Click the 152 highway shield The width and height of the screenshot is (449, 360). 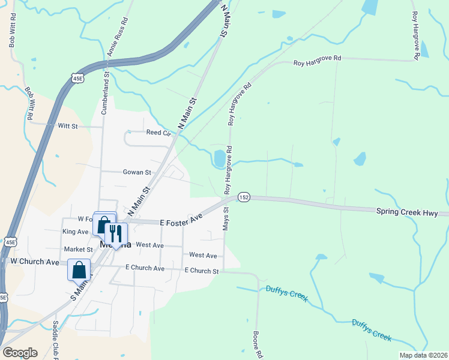coord(244,197)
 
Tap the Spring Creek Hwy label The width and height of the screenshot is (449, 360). coord(412,212)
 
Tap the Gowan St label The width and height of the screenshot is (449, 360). coord(137,172)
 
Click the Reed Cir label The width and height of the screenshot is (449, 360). coord(158,132)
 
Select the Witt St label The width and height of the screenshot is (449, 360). coord(67,126)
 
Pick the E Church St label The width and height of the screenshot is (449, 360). coord(202,271)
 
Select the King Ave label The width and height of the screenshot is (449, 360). coord(76,232)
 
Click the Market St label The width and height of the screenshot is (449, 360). coord(79,249)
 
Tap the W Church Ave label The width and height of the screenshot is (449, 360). coord(35,262)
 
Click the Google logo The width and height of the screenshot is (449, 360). coord(20,353)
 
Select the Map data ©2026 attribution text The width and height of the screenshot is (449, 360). coord(423,355)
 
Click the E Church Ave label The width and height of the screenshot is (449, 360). coord(145,268)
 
